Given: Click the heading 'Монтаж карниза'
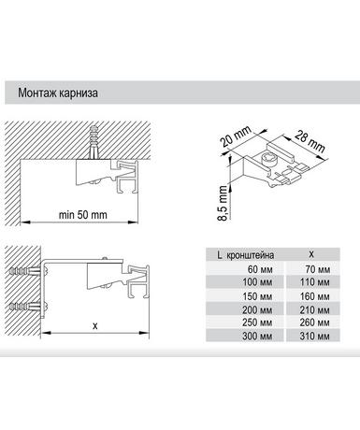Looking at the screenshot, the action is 58,93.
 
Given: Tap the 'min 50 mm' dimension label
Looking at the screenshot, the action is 83,215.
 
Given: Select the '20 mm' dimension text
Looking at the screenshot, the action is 236,136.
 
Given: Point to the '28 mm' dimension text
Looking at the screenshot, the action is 310,141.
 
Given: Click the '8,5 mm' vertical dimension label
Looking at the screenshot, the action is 223,203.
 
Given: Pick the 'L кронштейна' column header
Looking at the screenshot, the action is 246,255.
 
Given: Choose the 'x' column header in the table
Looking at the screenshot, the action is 311,254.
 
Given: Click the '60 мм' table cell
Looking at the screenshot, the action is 260,269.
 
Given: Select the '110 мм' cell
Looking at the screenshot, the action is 314,282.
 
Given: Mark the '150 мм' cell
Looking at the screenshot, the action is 257,296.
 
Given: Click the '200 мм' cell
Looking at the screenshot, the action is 257,309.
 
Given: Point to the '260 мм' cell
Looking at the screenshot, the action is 314,322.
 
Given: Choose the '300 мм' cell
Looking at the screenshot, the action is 257,336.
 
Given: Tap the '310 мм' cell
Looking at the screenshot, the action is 314,336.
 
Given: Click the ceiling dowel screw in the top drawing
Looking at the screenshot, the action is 93,142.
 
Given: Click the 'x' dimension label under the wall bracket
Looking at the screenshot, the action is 95,326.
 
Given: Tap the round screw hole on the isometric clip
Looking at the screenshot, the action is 269,159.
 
